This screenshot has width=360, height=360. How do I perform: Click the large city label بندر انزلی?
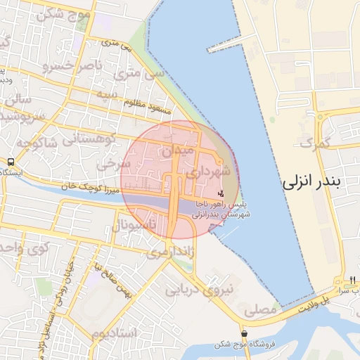(321, 183)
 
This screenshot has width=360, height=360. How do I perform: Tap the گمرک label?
(314, 143)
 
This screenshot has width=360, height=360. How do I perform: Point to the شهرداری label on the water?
(223, 45)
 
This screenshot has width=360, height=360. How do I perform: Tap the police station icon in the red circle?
(221, 193)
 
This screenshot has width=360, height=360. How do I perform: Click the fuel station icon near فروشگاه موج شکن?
(244, 333)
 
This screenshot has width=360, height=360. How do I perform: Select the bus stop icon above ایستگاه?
(11, 162)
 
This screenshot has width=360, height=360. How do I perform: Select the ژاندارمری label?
(169, 251)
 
